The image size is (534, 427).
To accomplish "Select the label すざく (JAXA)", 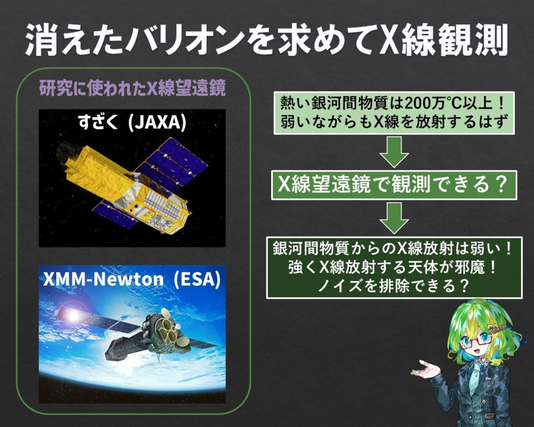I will click(132, 124).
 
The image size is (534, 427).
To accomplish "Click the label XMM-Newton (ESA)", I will click(132, 280).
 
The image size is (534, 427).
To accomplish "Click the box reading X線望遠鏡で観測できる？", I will click(394, 185).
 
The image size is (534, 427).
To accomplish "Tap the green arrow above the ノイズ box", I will click(394, 218).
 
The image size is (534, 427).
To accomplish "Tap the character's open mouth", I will click(478, 360).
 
